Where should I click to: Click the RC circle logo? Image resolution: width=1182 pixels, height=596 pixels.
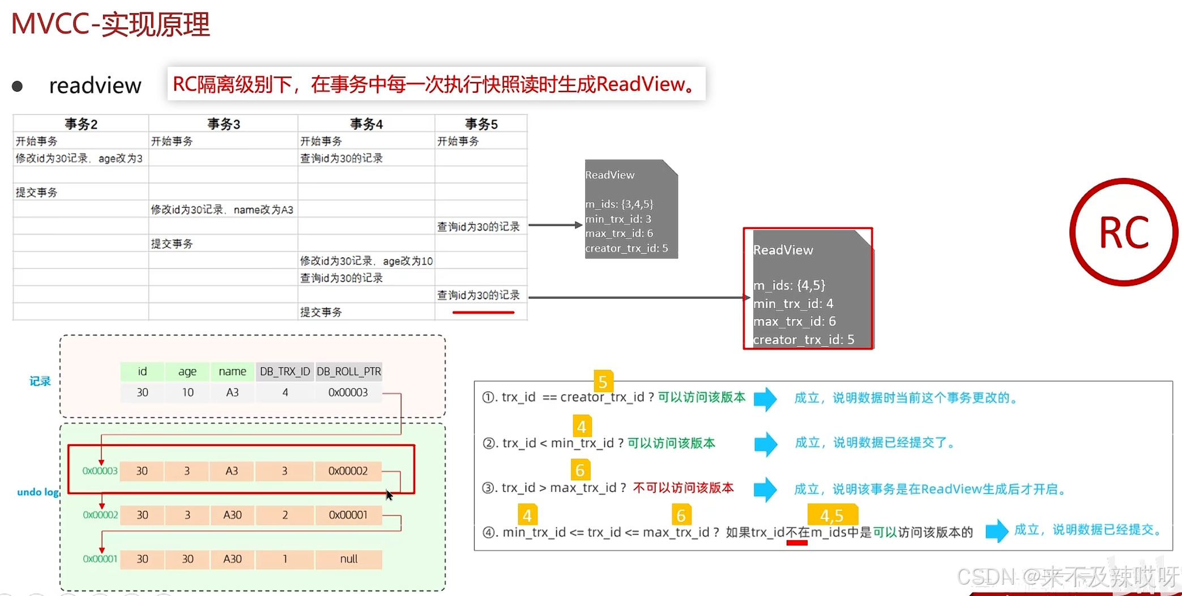1124,232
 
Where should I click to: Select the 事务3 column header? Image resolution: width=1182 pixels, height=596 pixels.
224,124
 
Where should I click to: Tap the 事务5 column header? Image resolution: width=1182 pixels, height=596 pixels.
481,124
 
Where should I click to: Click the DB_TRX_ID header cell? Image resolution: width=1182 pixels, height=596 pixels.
285,372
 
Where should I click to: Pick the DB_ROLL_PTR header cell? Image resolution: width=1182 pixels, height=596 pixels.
348,372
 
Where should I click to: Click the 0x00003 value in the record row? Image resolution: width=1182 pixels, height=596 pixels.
348,393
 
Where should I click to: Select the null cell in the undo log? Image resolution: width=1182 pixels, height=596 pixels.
348,559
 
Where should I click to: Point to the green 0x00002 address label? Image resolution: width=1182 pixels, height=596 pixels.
100,515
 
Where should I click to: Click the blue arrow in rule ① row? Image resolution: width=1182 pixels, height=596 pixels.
765,399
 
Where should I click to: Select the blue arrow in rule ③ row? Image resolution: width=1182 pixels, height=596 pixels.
765,489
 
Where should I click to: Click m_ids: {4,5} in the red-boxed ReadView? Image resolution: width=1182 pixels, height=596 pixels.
789,285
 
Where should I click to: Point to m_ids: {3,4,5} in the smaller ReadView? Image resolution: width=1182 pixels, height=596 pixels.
619,204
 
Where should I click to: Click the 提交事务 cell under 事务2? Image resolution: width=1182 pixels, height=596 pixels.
37,193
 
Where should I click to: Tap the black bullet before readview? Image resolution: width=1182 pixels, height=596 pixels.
18,86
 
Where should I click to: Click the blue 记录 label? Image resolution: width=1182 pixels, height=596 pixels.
40,381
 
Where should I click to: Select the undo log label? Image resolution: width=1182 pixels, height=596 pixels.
38,492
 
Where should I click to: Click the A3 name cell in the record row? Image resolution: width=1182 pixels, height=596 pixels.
232,393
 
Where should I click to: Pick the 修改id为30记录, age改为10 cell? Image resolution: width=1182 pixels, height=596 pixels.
366,261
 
